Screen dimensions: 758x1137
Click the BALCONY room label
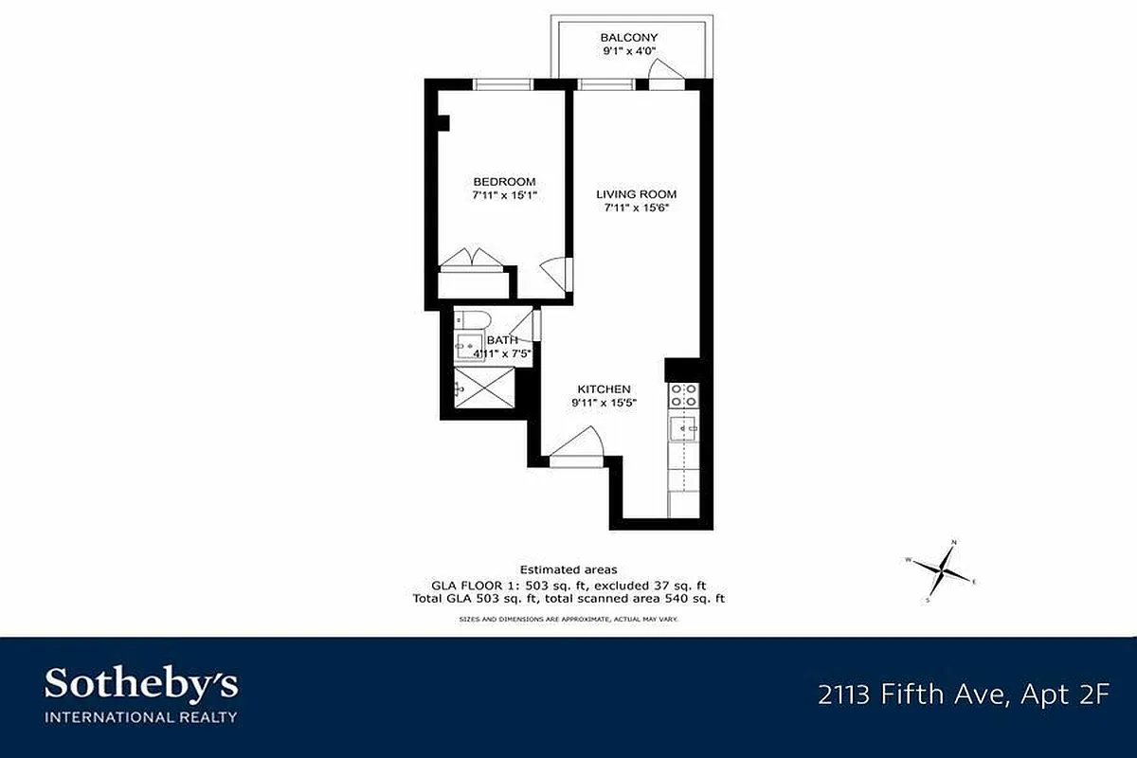pyautogui.click(x=629, y=38)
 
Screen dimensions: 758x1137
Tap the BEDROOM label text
pyautogui.click(x=504, y=182)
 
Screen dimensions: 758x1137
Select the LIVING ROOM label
pyautogui.click(x=636, y=194)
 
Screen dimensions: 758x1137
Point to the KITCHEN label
pyautogui.click(x=605, y=389)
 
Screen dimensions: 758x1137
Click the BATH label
pyautogui.click(x=502, y=340)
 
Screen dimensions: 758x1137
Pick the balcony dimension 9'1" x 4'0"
pyautogui.click(x=629, y=52)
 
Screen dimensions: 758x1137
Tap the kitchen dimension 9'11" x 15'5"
pyautogui.click(x=605, y=403)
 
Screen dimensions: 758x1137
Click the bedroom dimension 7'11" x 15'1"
pyautogui.click(x=504, y=195)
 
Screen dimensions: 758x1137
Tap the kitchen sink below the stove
pyautogui.click(x=684, y=429)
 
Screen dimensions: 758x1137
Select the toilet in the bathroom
pyautogui.click(x=471, y=318)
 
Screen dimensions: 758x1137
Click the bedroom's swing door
pyautogui.click(x=554, y=276)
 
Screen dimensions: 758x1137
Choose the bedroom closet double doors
pyautogui.click(x=474, y=260)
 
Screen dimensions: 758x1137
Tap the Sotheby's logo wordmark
pyautogui.click(x=141, y=682)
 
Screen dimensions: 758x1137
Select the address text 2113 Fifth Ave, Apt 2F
pyautogui.click(x=963, y=695)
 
